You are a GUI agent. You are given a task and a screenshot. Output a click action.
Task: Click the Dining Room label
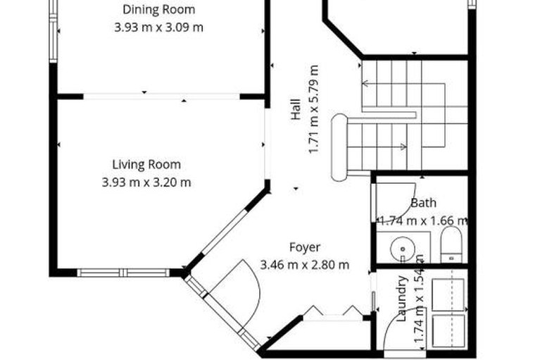click(158, 10)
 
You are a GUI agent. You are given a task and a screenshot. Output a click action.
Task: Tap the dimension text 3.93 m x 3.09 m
click(158, 27)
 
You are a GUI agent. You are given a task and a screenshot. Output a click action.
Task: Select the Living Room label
click(146, 165)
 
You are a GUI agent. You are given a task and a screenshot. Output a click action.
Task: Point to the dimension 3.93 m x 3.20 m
click(146, 182)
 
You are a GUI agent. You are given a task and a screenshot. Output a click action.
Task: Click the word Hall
click(296, 111)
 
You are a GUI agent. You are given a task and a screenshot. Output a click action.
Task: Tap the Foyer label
click(304, 247)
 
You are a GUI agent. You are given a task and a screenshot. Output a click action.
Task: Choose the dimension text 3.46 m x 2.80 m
click(304, 265)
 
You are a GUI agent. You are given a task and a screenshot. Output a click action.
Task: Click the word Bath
click(423, 203)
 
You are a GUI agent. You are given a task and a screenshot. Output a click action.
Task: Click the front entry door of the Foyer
click(236, 296)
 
